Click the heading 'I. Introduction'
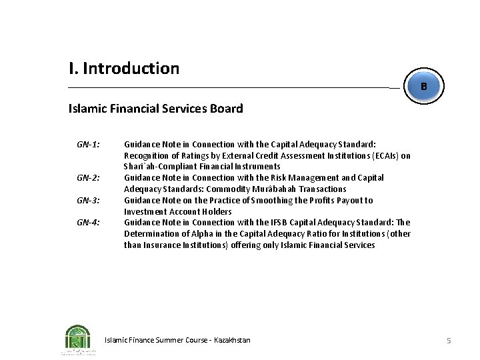click(x=124, y=68)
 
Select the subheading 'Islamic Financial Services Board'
click(x=155, y=108)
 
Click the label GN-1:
click(x=88, y=144)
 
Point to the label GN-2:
click(x=88, y=178)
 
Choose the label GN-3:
click(x=88, y=200)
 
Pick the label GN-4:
click(x=88, y=223)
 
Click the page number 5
click(x=449, y=341)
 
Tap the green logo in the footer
click(x=78, y=339)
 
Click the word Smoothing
click(x=267, y=200)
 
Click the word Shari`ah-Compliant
click(x=158, y=167)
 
